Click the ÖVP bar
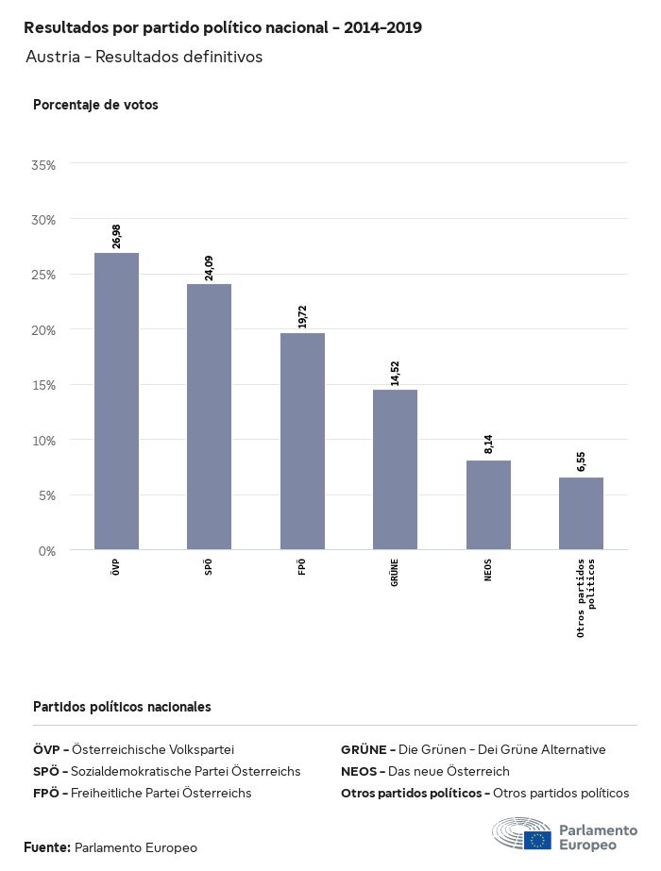tap(116, 401)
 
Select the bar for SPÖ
tap(209, 416)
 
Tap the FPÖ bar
tap(302, 441)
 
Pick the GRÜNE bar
tap(395, 469)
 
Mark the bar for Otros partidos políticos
tap(581, 513)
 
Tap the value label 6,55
tap(581, 461)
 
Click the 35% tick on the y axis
tap(44, 165)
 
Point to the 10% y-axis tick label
tap(44, 441)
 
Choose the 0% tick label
tap(47, 551)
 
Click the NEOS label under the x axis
tap(488, 570)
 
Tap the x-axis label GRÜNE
tap(395, 573)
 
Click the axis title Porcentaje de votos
tap(95, 105)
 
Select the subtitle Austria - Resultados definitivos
tap(144, 57)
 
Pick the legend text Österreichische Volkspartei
tap(152, 749)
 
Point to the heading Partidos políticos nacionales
tap(122, 707)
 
